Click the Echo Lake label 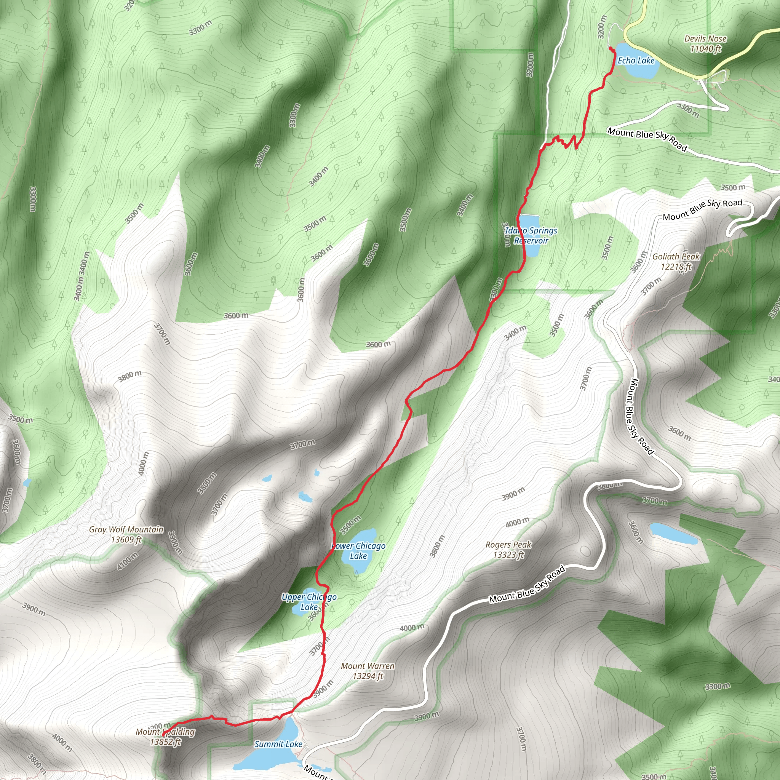(636, 61)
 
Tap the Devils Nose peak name (705, 39)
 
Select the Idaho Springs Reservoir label (531, 235)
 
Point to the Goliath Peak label (676, 256)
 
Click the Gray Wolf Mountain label (126, 529)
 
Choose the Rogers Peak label (508, 545)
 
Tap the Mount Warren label (368, 666)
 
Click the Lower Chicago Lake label (358, 551)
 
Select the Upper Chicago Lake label (309, 601)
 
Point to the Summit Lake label (278, 744)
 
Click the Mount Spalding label (166, 732)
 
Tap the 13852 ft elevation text (166, 742)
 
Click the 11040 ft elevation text (705, 49)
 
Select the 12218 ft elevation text (676, 267)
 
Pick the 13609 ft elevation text (126, 539)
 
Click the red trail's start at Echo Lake (610, 48)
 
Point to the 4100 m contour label (128, 561)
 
